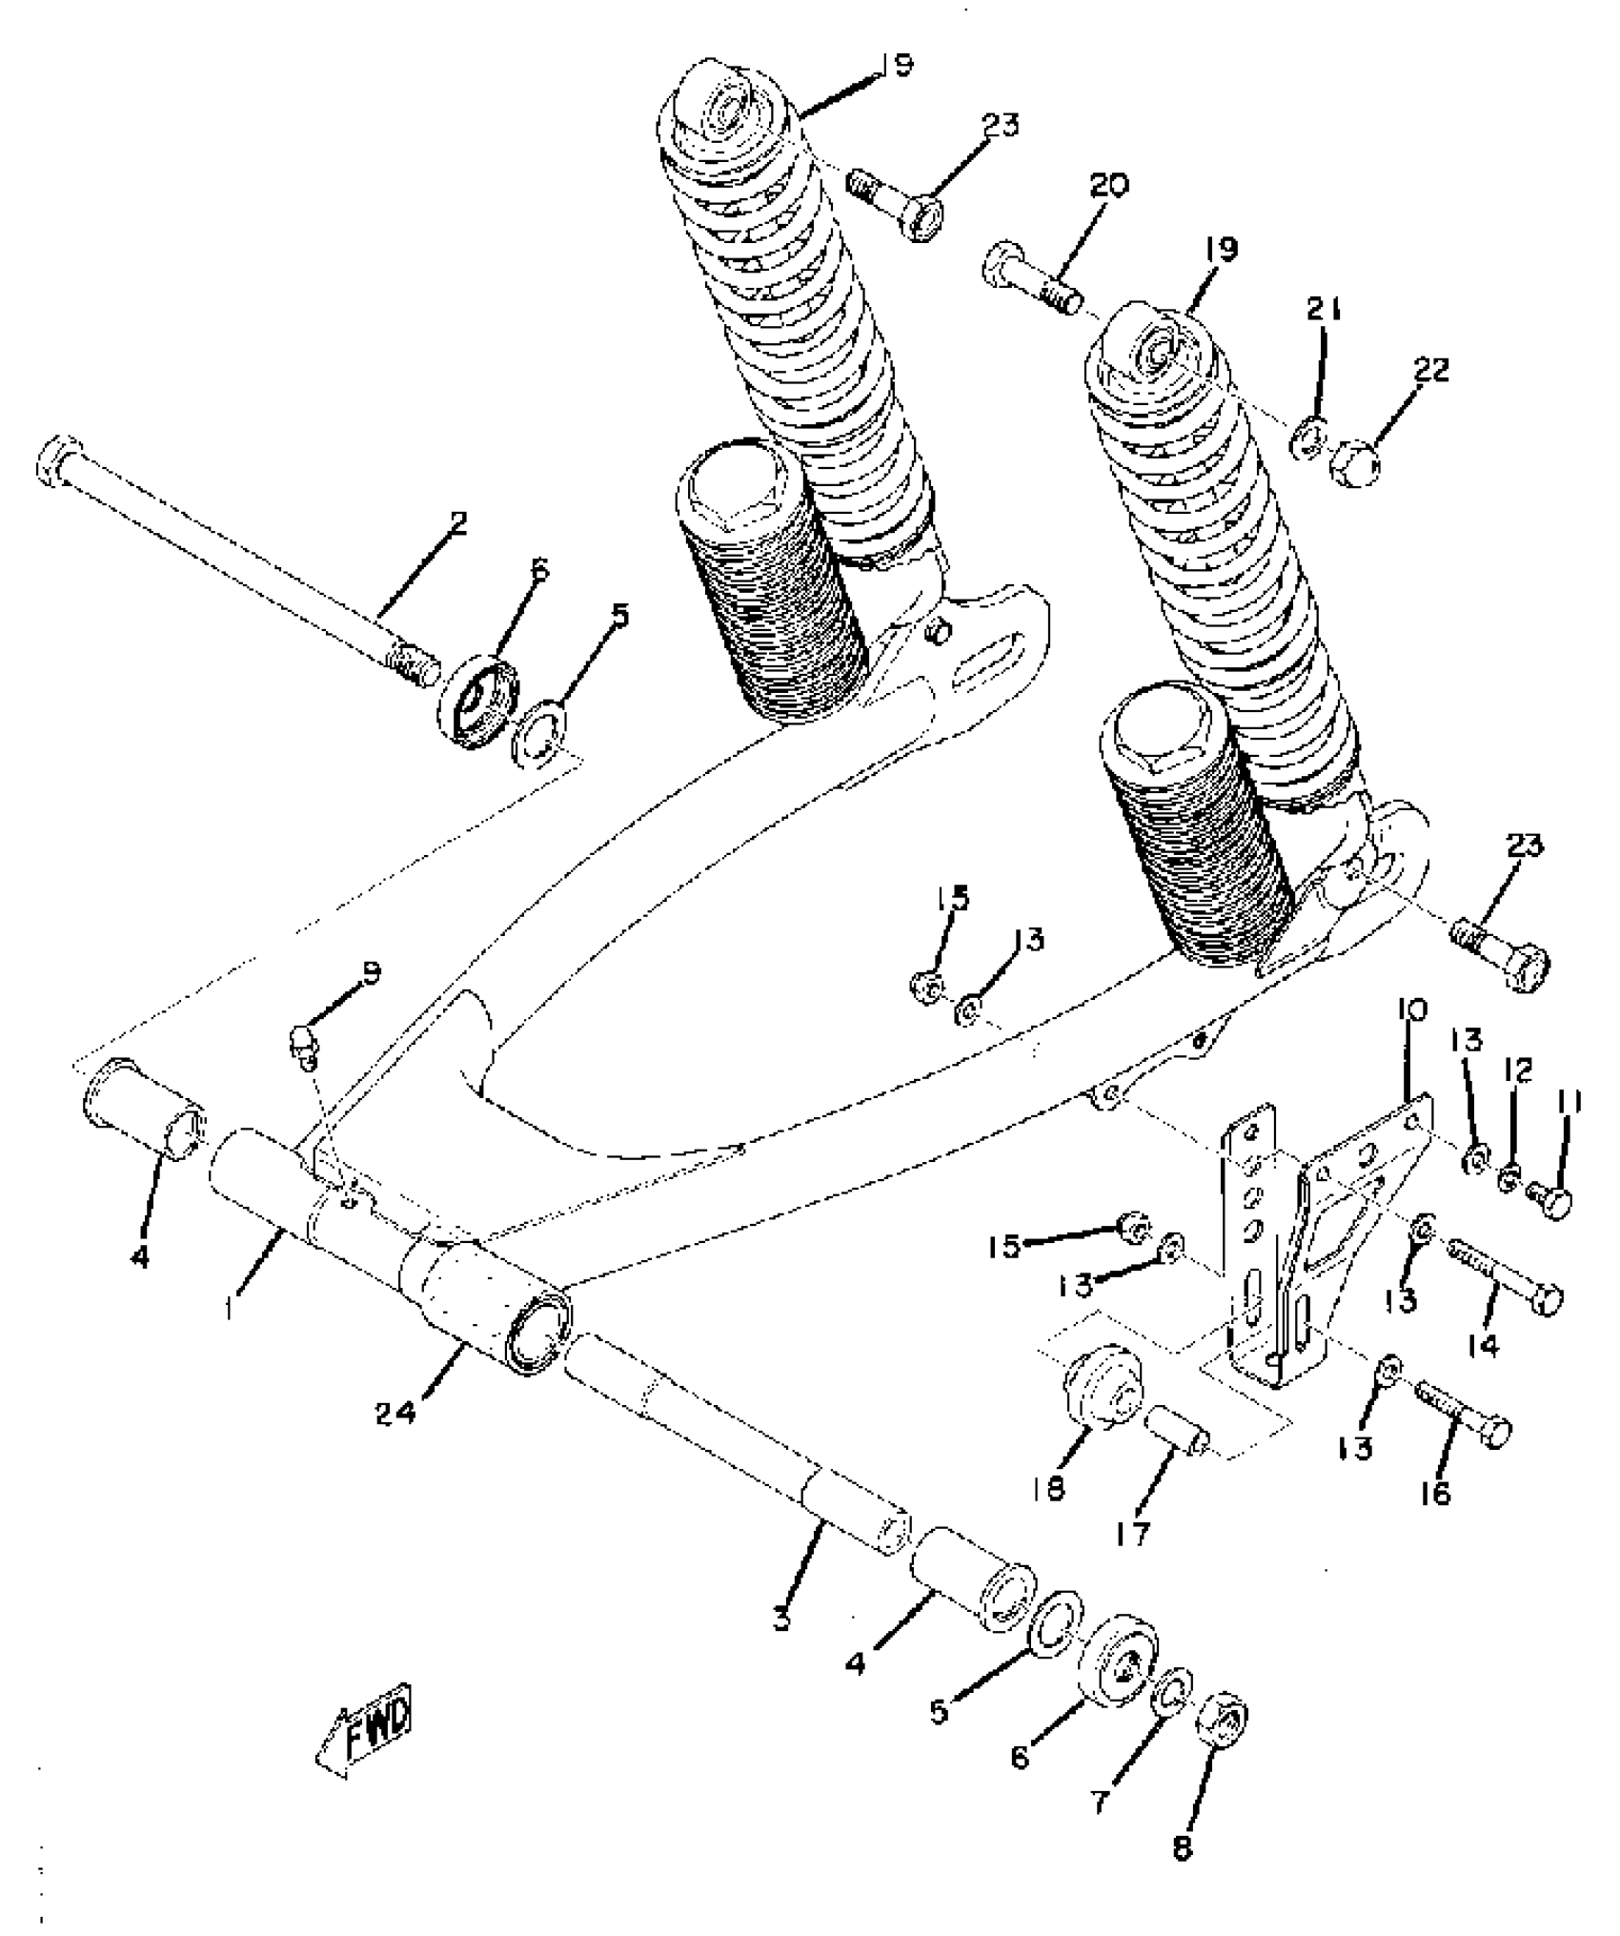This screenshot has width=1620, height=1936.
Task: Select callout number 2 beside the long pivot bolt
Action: (x=458, y=523)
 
